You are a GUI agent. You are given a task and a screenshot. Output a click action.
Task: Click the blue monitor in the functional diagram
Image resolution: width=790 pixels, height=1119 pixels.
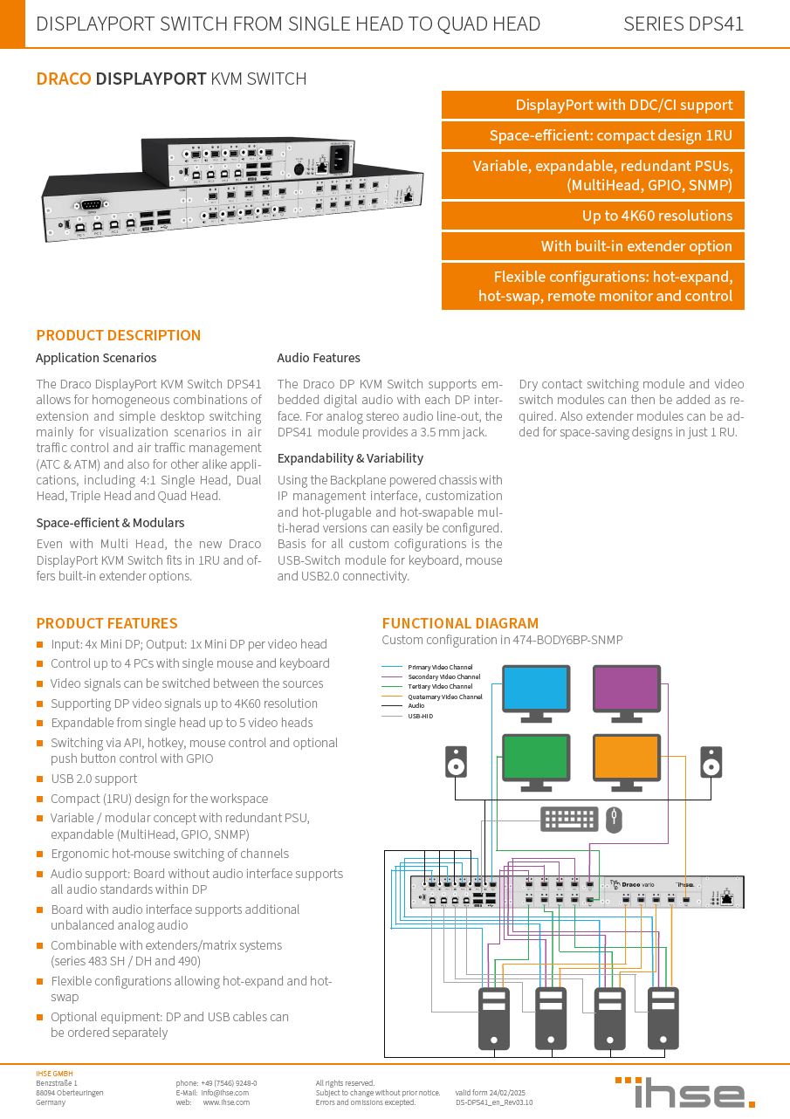[x=535, y=689]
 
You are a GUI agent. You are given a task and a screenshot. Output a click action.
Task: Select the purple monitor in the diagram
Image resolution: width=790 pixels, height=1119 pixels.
[x=626, y=689]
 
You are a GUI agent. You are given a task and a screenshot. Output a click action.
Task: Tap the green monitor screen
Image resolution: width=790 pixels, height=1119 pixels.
[x=535, y=758]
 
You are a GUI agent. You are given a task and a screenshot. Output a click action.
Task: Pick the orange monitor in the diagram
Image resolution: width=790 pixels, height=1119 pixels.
[x=626, y=758]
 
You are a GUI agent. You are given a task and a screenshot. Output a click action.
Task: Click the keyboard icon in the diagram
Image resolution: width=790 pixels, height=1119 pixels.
[x=569, y=819]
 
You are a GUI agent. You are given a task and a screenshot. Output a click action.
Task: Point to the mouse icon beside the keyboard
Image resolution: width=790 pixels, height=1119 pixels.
[x=614, y=819]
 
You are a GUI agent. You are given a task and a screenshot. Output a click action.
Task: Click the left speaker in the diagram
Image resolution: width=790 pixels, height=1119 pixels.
[x=455, y=761]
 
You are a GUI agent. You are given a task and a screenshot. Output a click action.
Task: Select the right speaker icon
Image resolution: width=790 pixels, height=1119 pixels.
[x=711, y=761]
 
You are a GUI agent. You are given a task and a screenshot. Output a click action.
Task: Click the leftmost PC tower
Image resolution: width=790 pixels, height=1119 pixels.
[x=494, y=1018]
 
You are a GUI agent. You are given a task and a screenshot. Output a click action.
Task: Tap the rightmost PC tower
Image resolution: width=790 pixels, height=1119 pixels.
[x=663, y=1018]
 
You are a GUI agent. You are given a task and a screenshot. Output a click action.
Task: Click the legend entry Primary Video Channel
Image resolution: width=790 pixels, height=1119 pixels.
[x=440, y=668]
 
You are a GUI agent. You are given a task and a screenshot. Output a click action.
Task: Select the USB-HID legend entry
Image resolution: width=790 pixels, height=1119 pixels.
[x=420, y=716]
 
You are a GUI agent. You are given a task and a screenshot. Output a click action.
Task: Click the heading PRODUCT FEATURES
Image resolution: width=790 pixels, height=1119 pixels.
[x=106, y=623]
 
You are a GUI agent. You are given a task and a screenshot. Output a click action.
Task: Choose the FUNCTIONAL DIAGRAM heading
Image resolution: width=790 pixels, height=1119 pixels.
[x=460, y=623]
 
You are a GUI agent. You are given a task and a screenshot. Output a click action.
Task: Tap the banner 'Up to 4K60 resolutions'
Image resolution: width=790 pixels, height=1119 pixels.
[x=593, y=216]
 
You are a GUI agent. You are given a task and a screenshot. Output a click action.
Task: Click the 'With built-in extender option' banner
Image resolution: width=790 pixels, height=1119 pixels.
[x=593, y=246]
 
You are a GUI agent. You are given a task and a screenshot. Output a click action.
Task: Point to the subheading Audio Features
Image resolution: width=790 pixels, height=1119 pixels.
[x=319, y=358]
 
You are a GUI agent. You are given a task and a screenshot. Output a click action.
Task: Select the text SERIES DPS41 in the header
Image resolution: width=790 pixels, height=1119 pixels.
[x=684, y=24]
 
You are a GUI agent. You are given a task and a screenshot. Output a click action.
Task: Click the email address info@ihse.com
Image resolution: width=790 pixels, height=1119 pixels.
[x=224, y=1092]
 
